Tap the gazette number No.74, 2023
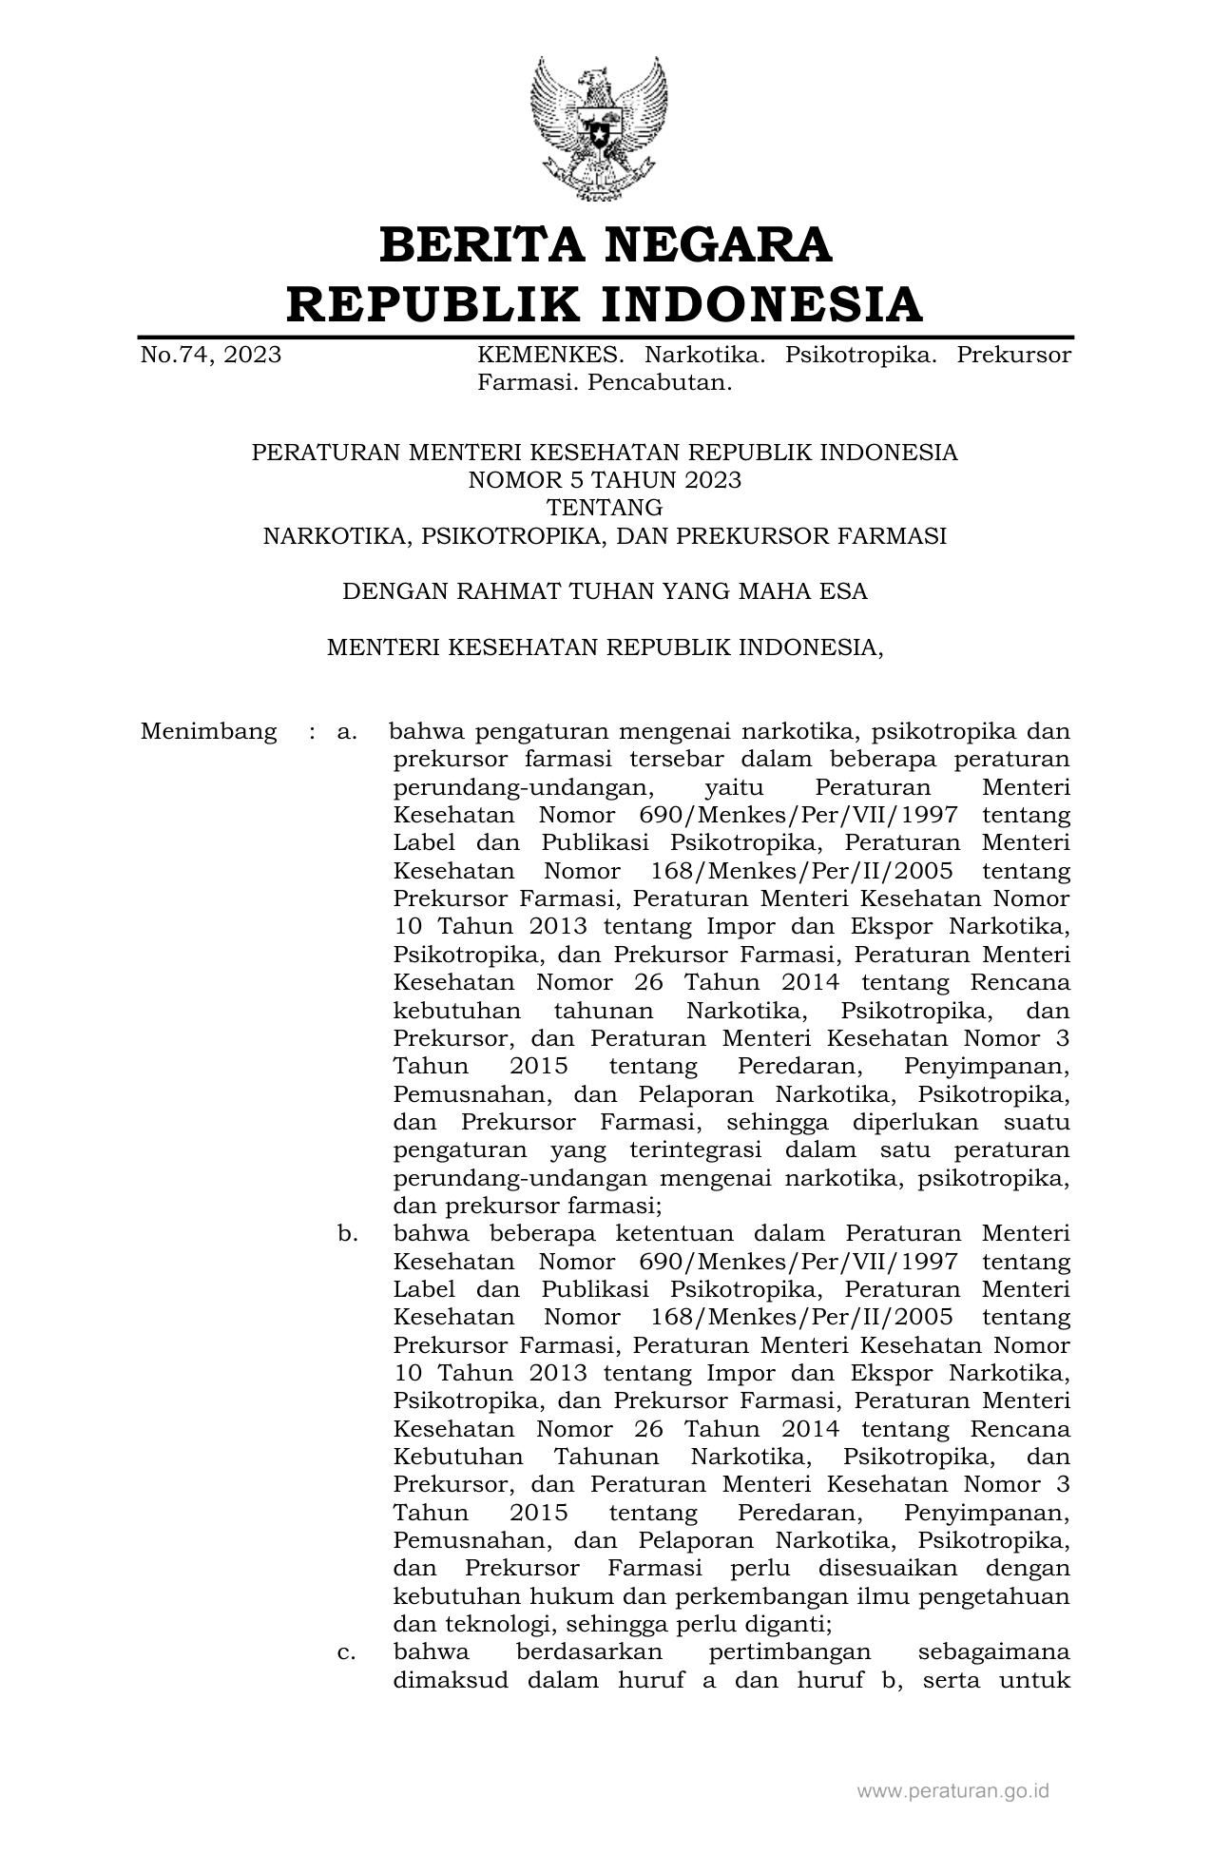(211, 356)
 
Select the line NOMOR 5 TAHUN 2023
(605, 480)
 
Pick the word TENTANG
(605, 508)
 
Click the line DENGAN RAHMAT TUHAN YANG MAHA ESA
(605, 591)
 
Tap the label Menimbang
(209, 731)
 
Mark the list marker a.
(346, 731)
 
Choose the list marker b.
(347, 1233)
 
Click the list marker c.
(347, 1652)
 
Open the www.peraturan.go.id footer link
(953, 1791)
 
